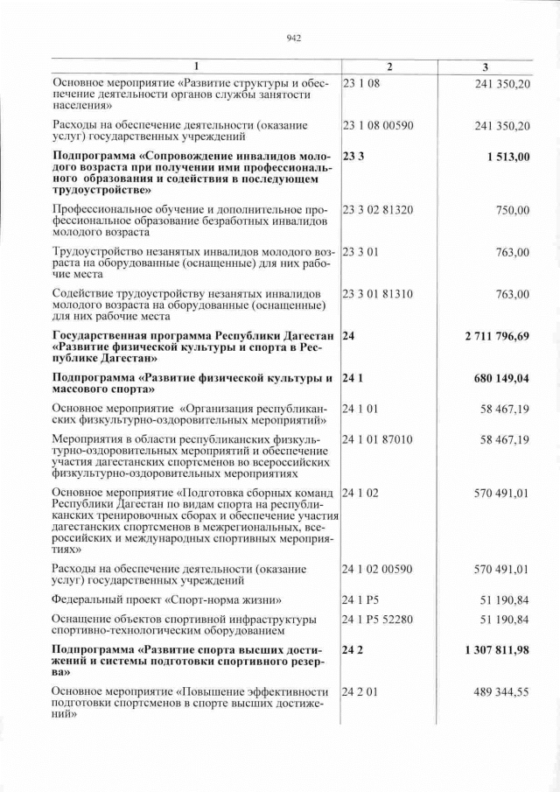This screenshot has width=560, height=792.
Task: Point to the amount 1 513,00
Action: pyautogui.click(x=504, y=157)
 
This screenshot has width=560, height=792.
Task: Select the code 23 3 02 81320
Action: pyautogui.click(x=378, y=210)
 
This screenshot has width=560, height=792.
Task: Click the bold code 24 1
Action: pyautogui.click(x=352, y=379)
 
